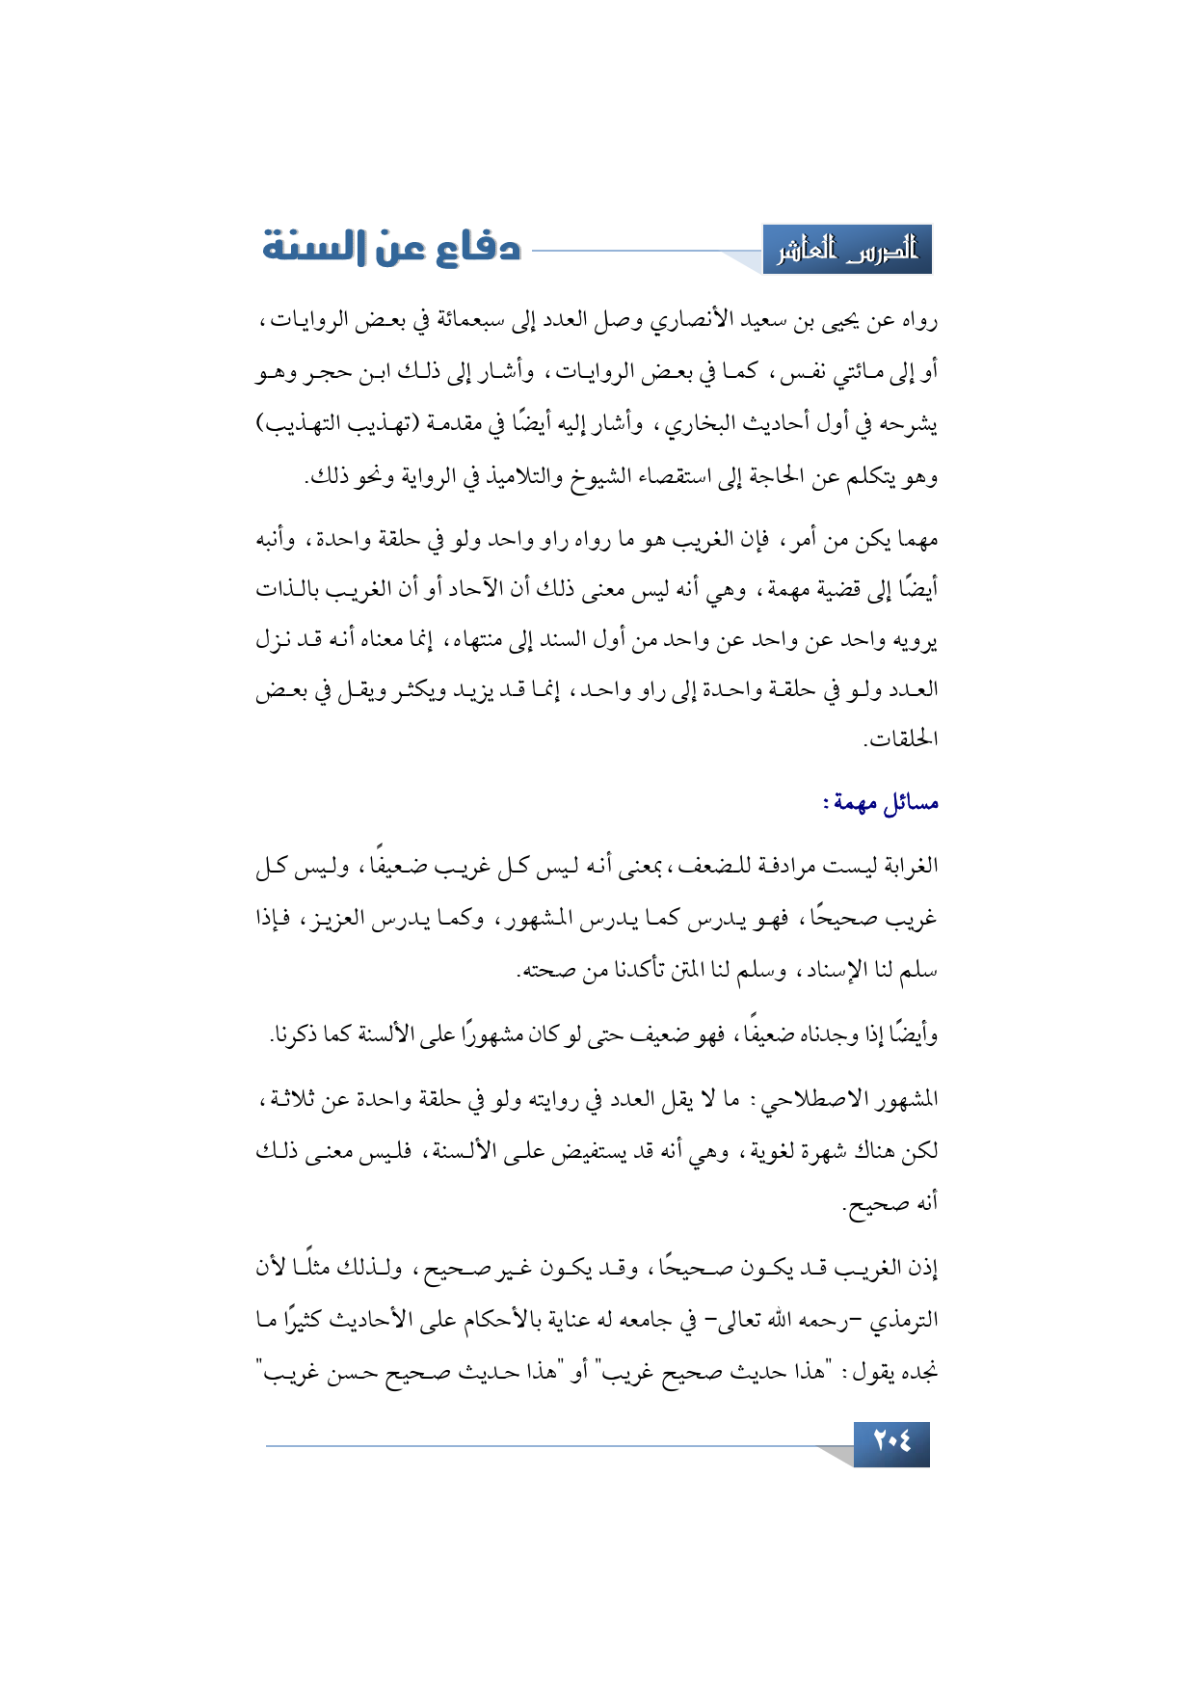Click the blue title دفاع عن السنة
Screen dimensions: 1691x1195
[x=391, y=249]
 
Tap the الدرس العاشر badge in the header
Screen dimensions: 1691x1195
[x=847, y=251]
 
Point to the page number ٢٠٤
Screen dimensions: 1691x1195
[x=891, y=1443]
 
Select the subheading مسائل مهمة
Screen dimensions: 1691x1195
[x=881, y=802]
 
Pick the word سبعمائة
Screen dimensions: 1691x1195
[x=474, y=321]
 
